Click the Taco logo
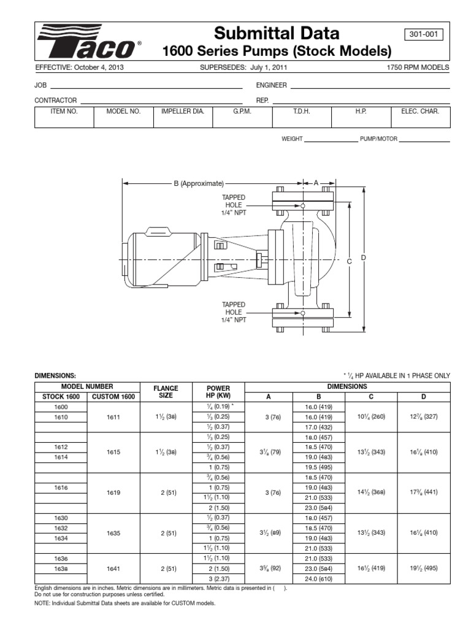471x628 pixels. pos(89,41)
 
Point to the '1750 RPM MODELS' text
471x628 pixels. pos(419,67)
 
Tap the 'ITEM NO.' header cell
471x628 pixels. pos(64,112)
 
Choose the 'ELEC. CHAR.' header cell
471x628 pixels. pos(420,112)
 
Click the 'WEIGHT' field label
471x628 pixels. pos(292,139)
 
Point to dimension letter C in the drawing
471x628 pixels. pos(350,261)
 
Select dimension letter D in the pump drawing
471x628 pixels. pos(363,258)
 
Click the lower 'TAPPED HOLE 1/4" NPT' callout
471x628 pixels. pos(234,312)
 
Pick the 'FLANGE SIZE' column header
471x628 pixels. pos(166,392)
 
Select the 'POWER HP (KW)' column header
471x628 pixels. pos(219,392)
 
